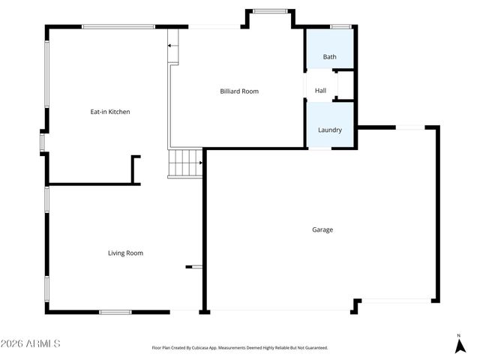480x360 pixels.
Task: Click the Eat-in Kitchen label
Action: [x=110, y=112]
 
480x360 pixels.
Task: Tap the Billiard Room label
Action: [x=239, y=91]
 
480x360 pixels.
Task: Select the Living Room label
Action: [x=125, y=253]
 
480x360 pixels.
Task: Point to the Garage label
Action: [x=322, y=229]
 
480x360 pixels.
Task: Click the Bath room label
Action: [x=329, y=57]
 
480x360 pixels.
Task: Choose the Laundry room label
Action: [x=330, y=130]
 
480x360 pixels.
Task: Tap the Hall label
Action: [x=320, y=91]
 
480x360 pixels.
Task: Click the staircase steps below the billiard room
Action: [x=185, y=162]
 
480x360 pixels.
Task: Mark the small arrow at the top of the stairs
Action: [x=171, y=46]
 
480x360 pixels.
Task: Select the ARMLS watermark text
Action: [x=31, y=343]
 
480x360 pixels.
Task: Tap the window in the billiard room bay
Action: [x=267, y=11]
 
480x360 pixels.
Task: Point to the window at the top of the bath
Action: [x=341, y=27]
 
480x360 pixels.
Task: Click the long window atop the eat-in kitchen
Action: [x=118, y=27]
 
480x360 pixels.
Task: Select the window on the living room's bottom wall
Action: [x=116, y=312]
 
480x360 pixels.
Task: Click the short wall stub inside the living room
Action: [x=194, y=266]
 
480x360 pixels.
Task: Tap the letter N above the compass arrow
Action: [x=459, y=335]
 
